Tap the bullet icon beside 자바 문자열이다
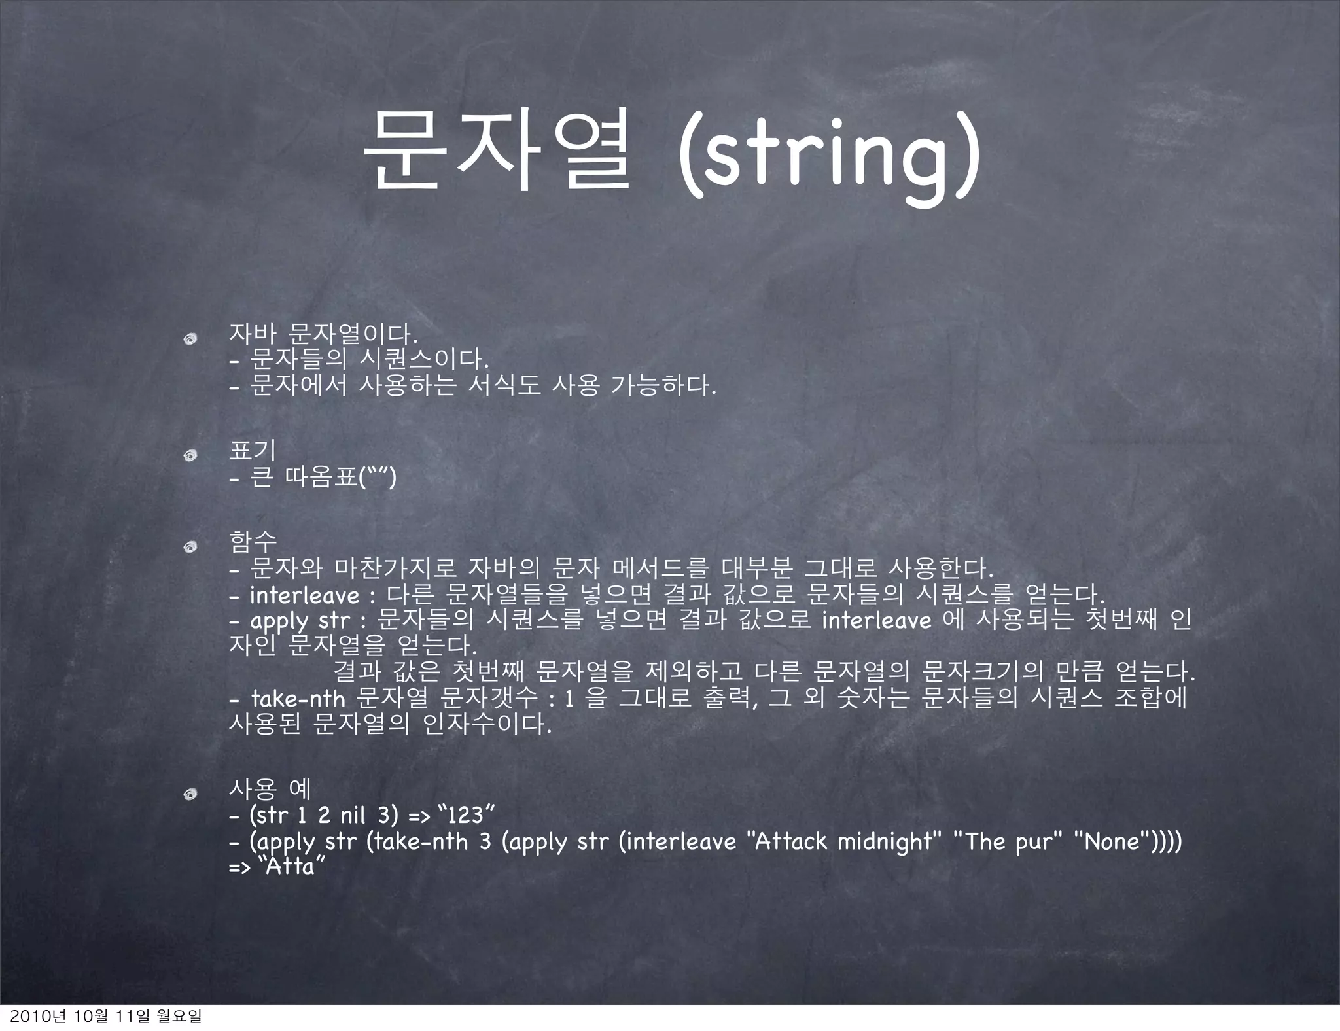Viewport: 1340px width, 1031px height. pyautogui.click(x=190, y=338)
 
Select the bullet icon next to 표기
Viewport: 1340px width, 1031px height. pyautogui.click(x=190, y=455)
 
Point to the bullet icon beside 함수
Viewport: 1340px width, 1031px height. pyautogui.click(x=190, y=546)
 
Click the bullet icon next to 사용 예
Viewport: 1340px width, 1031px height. pyautogui.click(x=190, y=794)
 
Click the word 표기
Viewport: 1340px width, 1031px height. pyautogui.click(x=252, y=451)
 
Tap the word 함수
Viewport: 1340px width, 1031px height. pyautogui.click(x=253, y=541)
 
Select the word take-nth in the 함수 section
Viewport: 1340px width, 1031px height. pyautogui.click(x=298, y=699)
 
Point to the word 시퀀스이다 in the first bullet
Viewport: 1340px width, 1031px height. pyautogui.click(x=423, y=360)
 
